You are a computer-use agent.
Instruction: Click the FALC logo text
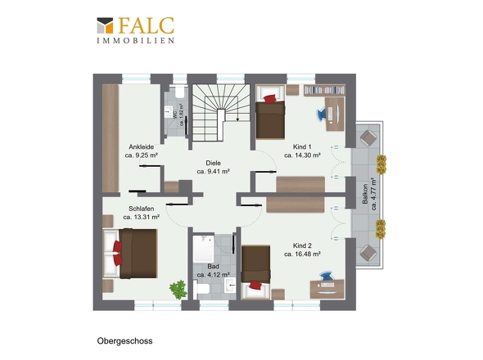coord(147,25)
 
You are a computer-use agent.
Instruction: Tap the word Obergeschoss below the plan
coord(124,341)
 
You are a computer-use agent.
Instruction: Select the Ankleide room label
coord(141,147)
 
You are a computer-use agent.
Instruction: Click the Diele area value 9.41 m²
coord(213,172)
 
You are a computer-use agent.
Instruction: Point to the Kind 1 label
coord(302,147)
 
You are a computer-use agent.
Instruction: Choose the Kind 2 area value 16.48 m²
coord(302,254)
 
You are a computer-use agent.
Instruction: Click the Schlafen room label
coord(141,209)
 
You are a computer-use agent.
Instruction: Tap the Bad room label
coord(213,266)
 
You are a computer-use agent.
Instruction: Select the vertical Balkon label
coord(365,194)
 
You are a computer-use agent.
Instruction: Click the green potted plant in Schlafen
coord(178,290)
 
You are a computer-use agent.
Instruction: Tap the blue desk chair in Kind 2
coord(326,276)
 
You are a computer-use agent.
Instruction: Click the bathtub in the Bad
coord(203,249)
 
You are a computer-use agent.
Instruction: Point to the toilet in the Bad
coord(201,289)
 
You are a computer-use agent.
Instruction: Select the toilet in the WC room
coord(179,92)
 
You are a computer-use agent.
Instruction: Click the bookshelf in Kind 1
coord(324,90)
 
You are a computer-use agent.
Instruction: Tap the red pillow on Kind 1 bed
coord(270,98)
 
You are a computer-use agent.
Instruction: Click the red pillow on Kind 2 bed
coord(255,286)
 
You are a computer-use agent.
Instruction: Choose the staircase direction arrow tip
coord(237,120)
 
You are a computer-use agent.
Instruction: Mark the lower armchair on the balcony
coord(368,253)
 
